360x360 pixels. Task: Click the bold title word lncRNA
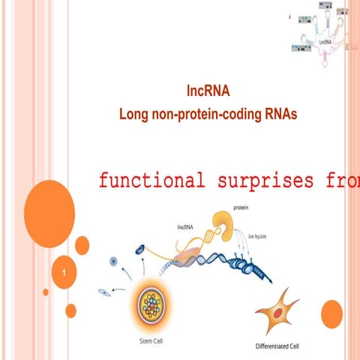(x=208, y=92)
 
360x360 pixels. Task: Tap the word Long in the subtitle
(x=136, y=114)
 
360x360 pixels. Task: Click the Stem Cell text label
(x=149, y=341)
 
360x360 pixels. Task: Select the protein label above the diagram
(x=241, y=207)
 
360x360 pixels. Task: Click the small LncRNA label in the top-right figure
(x=325, y=43)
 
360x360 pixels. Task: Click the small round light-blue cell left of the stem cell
(x=113, y=261)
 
